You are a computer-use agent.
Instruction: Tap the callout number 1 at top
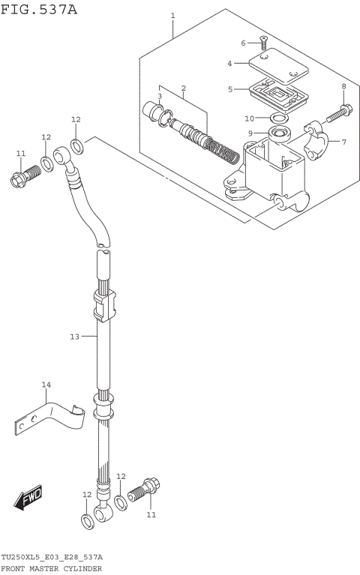(172, 16)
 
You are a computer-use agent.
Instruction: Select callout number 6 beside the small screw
(244, 43)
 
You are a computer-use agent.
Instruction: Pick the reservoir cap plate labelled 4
(277, 67)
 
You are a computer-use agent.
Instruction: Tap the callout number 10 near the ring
(250, 118)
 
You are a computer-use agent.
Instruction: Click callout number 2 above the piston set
(183, 88)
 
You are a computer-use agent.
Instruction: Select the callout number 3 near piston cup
(160, 97)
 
